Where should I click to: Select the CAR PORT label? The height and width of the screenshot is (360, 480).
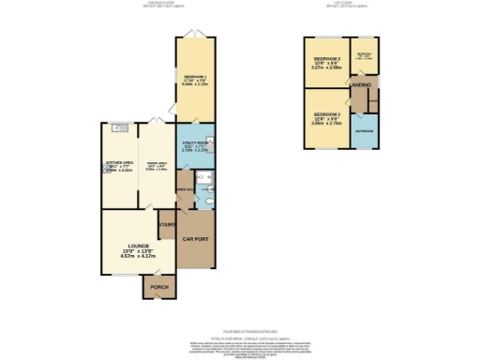click(195, 239)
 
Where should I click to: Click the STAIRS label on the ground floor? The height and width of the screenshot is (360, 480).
click(167, 225)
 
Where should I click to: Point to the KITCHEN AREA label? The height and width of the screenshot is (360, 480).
click(120, 162)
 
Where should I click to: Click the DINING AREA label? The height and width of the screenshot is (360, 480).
click(156, 161)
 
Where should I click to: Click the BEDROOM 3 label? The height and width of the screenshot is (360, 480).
click(326, 59)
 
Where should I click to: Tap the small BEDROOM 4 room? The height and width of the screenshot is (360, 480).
click(364, 56)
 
